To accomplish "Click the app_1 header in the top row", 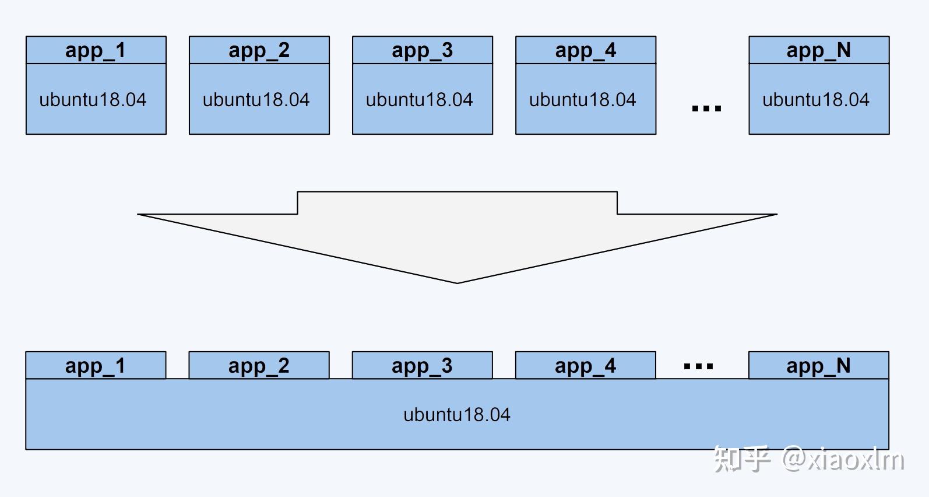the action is point(96,50).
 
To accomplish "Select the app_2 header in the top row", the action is point(259,50).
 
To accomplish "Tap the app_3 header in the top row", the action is point(423,50).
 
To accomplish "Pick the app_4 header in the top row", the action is point(586,50).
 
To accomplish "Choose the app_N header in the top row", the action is point(819,50).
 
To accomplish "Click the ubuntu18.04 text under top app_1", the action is point(93,100).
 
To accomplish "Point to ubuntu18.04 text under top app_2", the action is point(256,100).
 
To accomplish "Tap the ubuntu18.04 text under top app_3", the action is point(419,100).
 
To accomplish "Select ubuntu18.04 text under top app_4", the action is point(583,100).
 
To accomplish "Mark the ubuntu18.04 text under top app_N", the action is point(816,100).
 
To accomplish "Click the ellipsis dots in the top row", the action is point(707,108).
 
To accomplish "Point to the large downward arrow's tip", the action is point(457,283).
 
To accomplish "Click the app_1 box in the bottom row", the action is point(96,365).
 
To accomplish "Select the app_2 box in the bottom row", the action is point(259,365).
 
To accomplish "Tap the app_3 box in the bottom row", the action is point(422,365).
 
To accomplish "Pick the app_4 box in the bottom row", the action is point(586,365).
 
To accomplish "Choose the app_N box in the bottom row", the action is point(819,365).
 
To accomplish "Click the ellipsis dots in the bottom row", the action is point(698,366).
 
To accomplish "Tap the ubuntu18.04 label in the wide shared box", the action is point(456,415).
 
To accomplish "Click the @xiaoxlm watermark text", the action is point(843,459).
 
